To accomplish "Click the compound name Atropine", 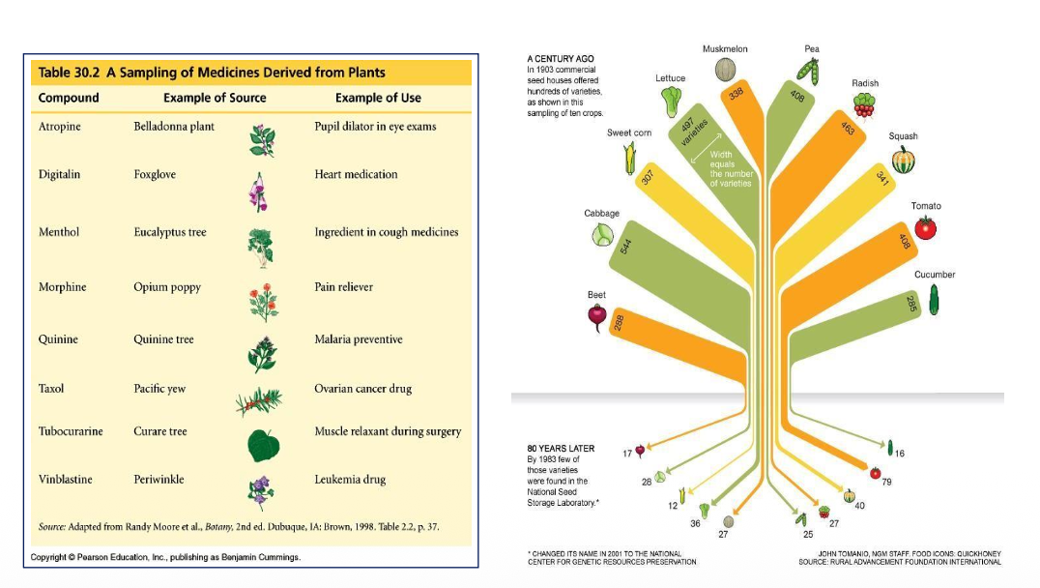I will click(58, 127).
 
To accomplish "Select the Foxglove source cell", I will click(156, 175).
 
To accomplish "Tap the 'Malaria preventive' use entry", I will click(358, 339).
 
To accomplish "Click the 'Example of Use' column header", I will click(378, 98).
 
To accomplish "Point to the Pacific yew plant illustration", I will click(259, 400).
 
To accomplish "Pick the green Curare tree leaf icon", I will click(263, 445).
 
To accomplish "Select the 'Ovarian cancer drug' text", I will click(362, 389).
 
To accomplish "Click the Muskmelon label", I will click(725, 49).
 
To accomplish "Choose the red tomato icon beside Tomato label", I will click(925, 228).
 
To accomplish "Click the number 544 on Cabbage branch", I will click(625, 247).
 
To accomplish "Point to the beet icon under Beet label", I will click(597, 316).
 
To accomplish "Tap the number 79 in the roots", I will click(886, 481).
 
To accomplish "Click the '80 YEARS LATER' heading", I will click(561, 449).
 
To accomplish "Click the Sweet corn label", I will click(628, 132).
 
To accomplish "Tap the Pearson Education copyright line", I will click(165, 557).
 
